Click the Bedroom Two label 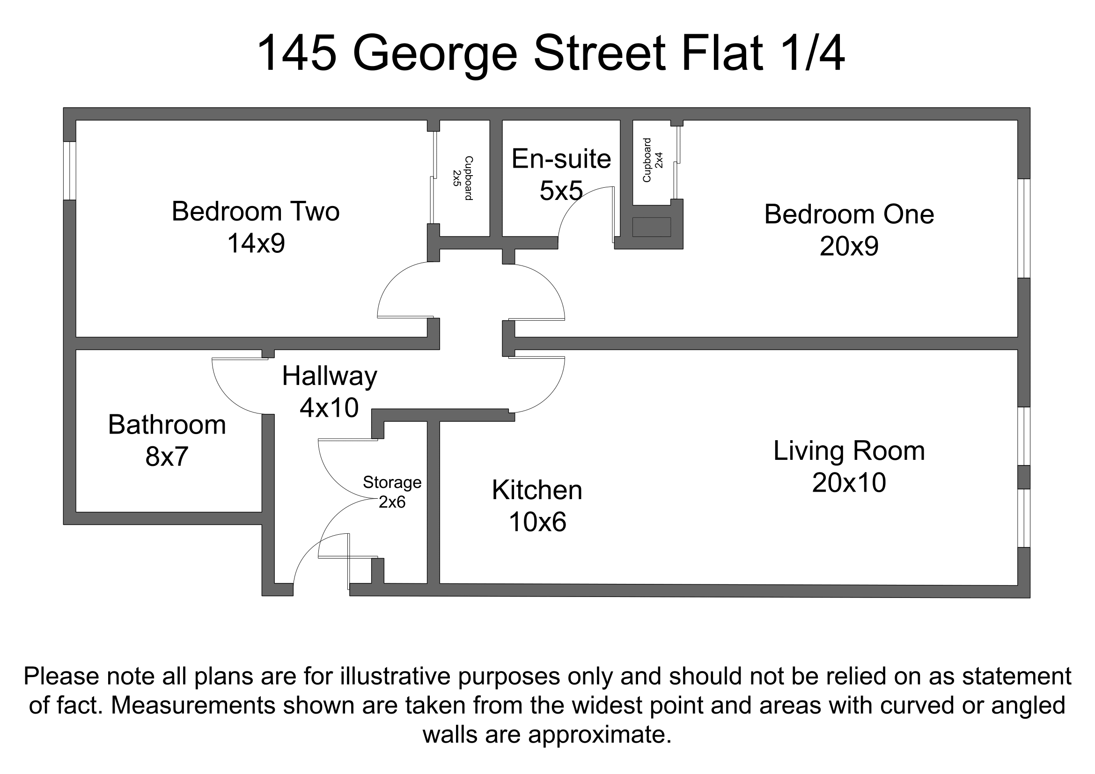256,211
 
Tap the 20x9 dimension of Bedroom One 849,247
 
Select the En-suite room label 561,159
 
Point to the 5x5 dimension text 561,191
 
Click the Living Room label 849,450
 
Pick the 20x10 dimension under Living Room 849,483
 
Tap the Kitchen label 537,490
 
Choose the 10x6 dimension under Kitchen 537,522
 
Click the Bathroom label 167,424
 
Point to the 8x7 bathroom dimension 167,457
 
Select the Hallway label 330,376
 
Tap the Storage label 392,483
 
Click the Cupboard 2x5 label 463,178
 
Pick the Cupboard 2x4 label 653,160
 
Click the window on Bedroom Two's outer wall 70,171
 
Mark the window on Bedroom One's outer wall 1023,229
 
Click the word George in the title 434,53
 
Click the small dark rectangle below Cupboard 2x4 652,227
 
